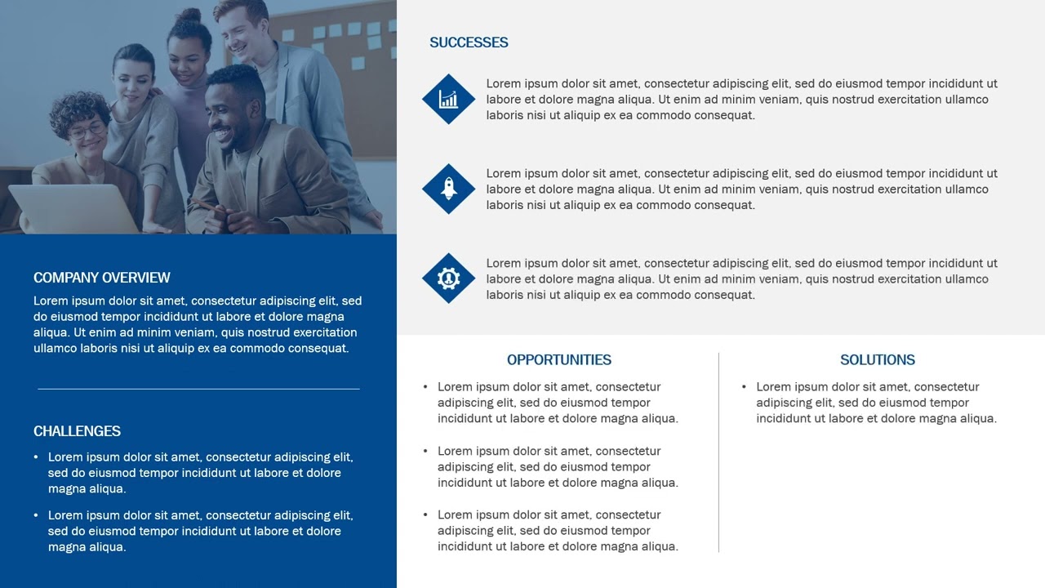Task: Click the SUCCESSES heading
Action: (469, 42)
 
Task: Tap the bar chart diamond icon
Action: (448, 99)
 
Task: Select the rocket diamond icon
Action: (448, 189)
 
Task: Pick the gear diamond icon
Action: (448, 278)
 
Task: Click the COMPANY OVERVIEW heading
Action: (102, 278)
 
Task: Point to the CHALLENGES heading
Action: (77, 431)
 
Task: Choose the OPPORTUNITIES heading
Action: (558, 360)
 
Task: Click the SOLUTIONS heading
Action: (878, 360)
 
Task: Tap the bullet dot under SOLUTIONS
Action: (744, 387)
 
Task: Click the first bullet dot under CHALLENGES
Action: (36, 457)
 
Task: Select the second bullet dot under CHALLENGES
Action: (36, 515)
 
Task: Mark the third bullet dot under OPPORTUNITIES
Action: (425, 515)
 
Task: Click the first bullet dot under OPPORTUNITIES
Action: (425, 387)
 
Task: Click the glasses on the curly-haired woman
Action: (87, 129)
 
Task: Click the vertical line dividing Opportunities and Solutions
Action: (718, 452)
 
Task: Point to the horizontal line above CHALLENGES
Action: (198, 389)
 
